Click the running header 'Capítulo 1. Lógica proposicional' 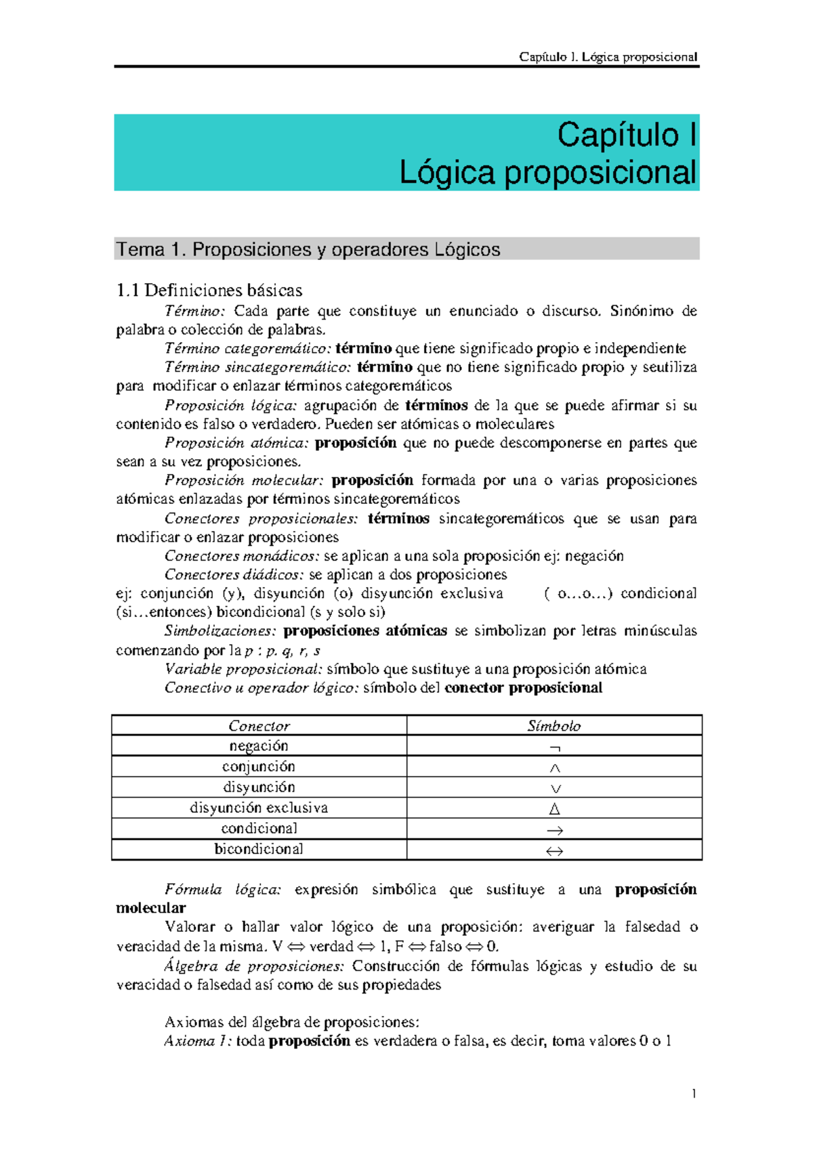pos(608,57)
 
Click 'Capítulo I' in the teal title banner pos(626,135)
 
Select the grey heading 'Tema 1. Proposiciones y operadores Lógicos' pos(308,250)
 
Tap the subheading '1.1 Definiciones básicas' pos(209,291)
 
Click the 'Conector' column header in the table pos(259,726)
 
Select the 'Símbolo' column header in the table pos(554,726)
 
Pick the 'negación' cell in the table pos(259,746)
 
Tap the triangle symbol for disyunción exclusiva pos(555,809)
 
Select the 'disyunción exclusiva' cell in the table pos(259,808)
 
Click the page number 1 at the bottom pos(694,1093)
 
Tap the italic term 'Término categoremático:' pos(248,349)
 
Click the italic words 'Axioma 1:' pos(198,1041)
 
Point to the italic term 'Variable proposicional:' pos(243,669)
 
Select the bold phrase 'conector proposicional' pos(523,688)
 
